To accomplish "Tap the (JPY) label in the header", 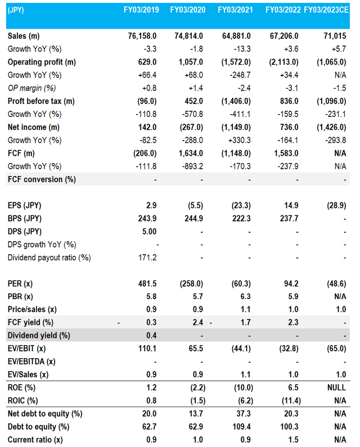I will pyautogui.click(x=17, y=10).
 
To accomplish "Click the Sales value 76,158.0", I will pyautogui.click(x=140, y=36).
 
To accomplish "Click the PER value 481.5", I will pyautogui.click(x=146, y=283).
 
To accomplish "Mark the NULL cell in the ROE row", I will pyautogui.click(x=335, y=387).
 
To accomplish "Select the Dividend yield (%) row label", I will pyautogui.click(x=38, y=336).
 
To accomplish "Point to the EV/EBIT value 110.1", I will pyautogui.click(x=146, y=349).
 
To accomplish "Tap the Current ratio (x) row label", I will pyautogui.click(x=35, y=440).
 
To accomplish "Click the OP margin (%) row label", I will pyautogui.click(x=32, y=88).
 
